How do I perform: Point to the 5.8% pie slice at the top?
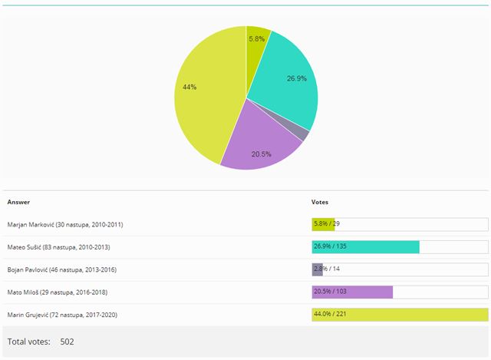(x=257, y=42)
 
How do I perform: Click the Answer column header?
(x=18, y=202)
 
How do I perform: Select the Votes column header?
(x=320, y=202)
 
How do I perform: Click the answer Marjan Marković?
(x=65, y=224)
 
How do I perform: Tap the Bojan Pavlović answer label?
(x=62, y=269)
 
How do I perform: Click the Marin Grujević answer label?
(x=62, y=315)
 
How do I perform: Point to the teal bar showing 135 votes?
(x=365, y=247)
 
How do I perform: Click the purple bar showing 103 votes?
(x=352, y=292)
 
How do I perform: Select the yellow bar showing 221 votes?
(x=400, y=315)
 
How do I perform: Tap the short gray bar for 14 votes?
(x=317, y=269)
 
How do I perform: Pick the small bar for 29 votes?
(x=323, y=224)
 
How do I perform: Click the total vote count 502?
(x=67, y=342)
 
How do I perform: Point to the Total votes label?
(x=29, y=342)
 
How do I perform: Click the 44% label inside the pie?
(x=189, y=87)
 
